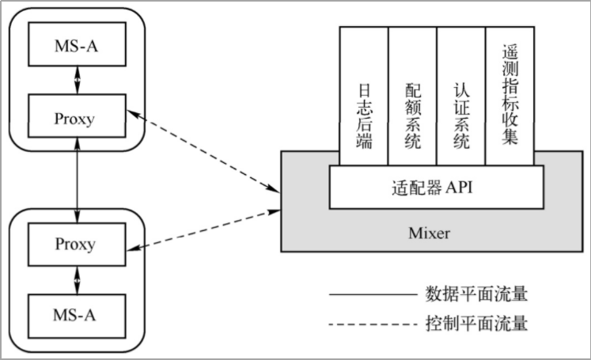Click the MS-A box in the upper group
pyautogui.click(x=78, y=44)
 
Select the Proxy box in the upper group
pyautogui.click(x=78, y=116)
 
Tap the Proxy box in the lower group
pyautogui.click(x=78, y=244)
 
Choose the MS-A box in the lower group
pyautogui.click(x=78, y=316)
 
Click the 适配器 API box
pyautogui.click(x=437, y=187)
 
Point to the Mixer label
pyautogui.click(x=429, y=233)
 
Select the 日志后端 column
pyautogui.click(x=364, y=96)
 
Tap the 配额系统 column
pyautogui.click(x=413, y=96)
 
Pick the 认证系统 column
pyautogui.click(x=461, y=96)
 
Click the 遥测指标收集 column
pyautogui.click(x=510, y=96)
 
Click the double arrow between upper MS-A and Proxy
pyautogui.click(x=78, y=80)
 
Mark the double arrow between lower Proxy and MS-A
pyautogui.click(x=78, y=280)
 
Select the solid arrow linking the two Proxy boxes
pyautogui.click(x=78, y=180)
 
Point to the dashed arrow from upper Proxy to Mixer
pyautogui.click(x=203, y=151)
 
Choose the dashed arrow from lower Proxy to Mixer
pyautogui.click(x=203, y=230)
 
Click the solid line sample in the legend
pyautogui.click(x=373, y=294)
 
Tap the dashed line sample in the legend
pyautogui.click(x=373, y=324)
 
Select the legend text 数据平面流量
pyautogui.click(x=476, y=294)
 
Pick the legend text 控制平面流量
pyautogui.click(x=476, y=324)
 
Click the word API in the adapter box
pyautogui.click(x=459, y=187)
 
